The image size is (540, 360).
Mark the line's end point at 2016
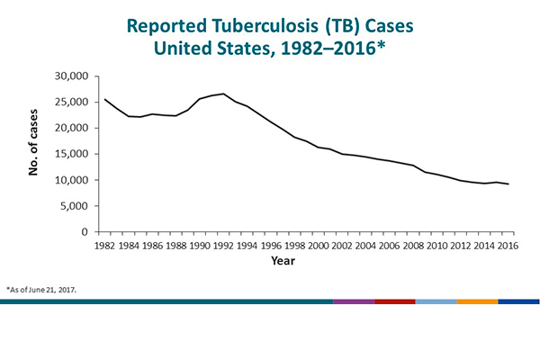pos(508,184)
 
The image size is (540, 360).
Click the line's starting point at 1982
pos(105,99)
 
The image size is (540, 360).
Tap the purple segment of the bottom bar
pos(353,302)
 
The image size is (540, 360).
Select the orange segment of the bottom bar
pos(477,302)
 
